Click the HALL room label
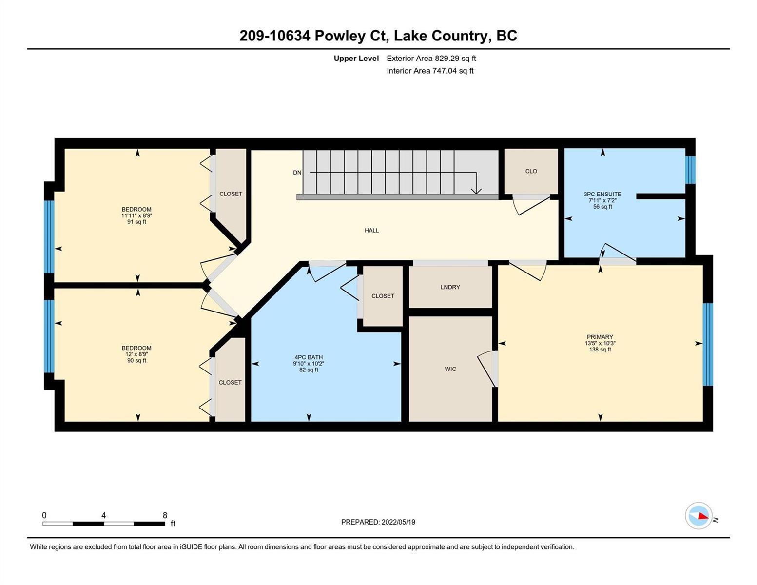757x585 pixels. (x=371, y=230)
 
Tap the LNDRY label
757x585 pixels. (x=450, y=287)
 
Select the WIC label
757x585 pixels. (x=450, y=369)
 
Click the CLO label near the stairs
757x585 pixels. (x=531, y=171)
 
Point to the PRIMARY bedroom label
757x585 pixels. (x=600, y=337)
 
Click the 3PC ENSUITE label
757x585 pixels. (x=602, y=194)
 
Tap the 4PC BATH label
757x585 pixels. (x=308, y=357)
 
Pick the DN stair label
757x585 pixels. (x=297, y=173)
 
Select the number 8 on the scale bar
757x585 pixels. (x=165, y=515)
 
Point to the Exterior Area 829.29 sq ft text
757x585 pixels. (x=431, y=58)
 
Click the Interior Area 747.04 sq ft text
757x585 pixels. (x=430, y=71)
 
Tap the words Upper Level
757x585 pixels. (x=356, y=58)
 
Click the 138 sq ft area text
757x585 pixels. (x=600, y=350)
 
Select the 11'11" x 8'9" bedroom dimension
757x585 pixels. (x=136, y=215)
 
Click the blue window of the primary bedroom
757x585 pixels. (x=708, y=344)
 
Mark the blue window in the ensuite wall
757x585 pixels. (x=690, y=170)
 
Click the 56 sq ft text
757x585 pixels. (x=602, y=207)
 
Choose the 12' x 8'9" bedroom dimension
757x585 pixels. (x=136, y=354)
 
